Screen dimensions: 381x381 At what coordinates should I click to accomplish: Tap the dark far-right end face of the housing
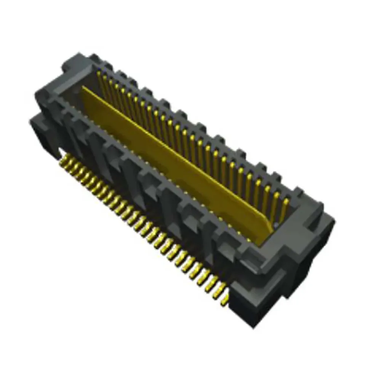[312, 274]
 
